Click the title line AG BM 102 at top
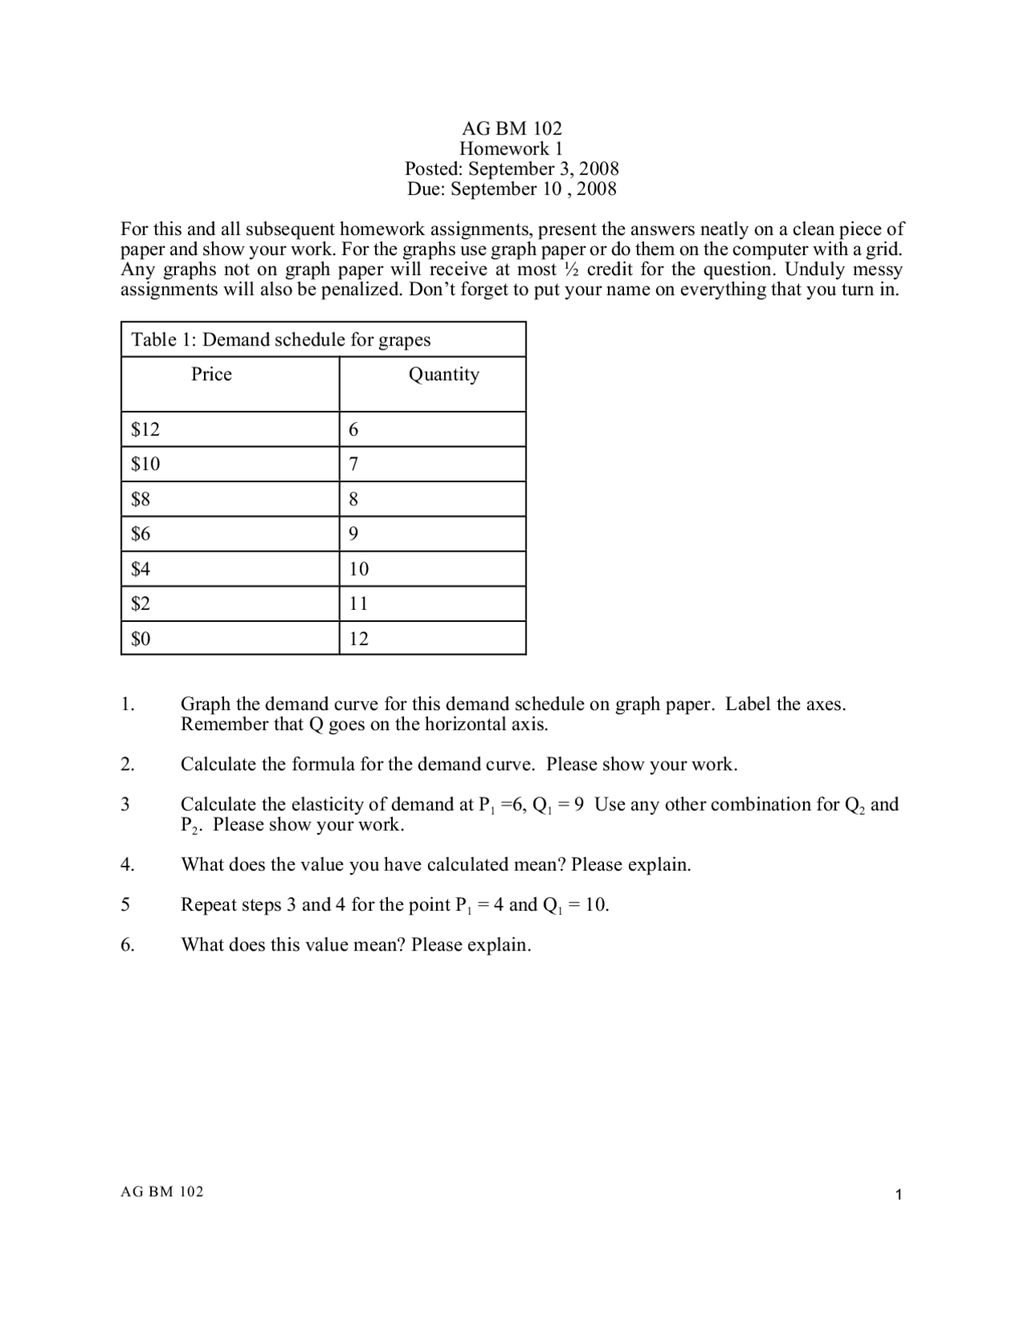click(x=511, y=128)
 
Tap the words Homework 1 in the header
click(x=511, y=149)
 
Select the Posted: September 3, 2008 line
click(x=511, y=169)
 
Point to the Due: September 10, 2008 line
click(x=511, y=189)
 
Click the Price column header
click(x=211, y=374)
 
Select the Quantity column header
click(x=443, y=374)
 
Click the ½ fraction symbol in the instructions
click(x=571, y=269)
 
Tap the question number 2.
click(x=127, y=764)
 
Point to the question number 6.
click(x=127, y=945)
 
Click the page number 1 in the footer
click(x=899, y=1195)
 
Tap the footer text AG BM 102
click(x=162, y=1191)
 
